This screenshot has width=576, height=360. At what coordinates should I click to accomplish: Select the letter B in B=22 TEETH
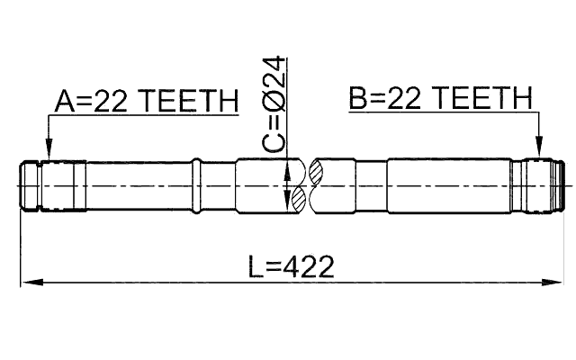(x=357, y=98)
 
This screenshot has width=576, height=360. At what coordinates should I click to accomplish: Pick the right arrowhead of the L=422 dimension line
(x=552, y=283)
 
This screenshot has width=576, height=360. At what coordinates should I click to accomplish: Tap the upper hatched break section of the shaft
(x=319, y=172)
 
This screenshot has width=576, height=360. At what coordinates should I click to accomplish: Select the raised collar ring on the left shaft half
(x=197, y=186)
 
